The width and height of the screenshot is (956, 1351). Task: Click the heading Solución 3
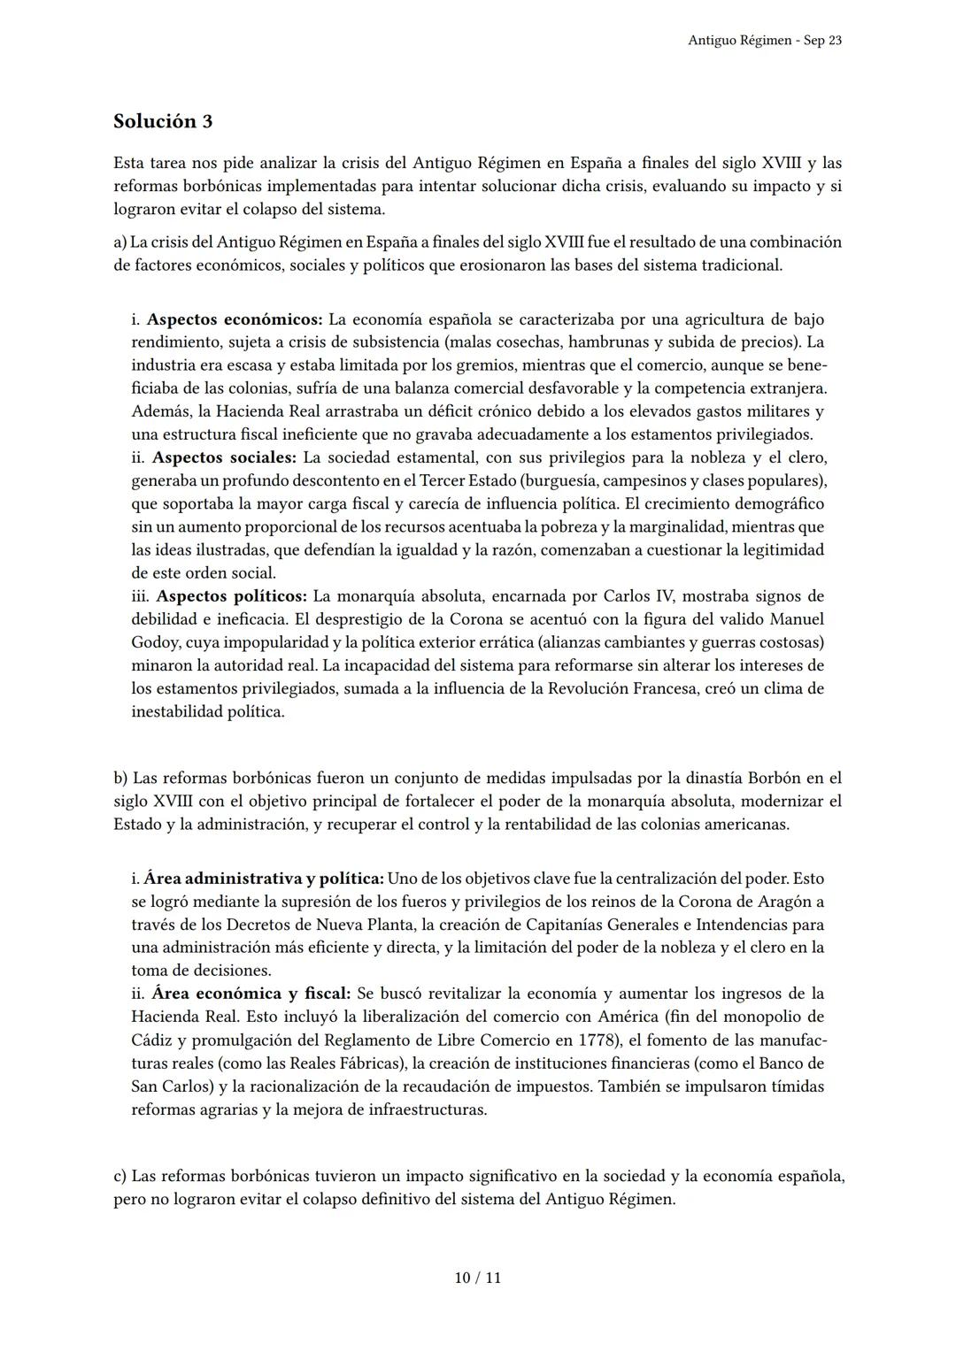[163, 121]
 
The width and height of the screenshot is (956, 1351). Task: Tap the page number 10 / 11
[477, 1278]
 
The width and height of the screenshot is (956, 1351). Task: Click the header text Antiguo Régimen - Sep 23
[764, 41]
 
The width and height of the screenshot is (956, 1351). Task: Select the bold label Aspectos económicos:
[235, 319]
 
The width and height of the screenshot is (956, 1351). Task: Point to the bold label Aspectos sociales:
[224, 457]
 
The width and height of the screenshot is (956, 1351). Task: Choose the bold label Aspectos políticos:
[232, 595]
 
